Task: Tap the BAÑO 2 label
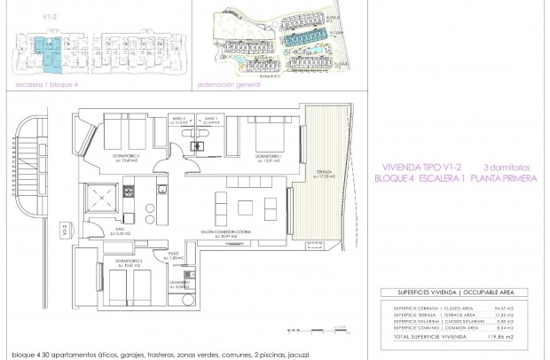coord(177,120)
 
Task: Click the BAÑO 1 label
coord(210,120)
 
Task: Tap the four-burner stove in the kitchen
coord(127,190)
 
